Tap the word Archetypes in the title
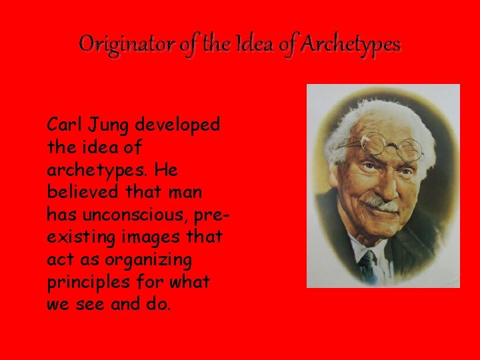point(351,45)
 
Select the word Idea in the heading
point(247,45)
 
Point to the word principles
point(87,282)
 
